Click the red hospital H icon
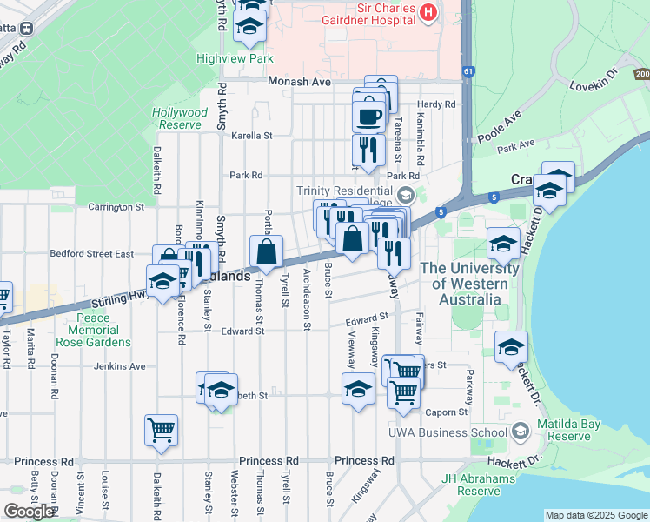pos(428,12)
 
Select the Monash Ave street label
pos(300,82)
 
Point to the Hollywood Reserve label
pos(180,118)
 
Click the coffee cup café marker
pos(368,116)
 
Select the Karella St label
pos(252,136)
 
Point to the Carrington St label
pos(116,207)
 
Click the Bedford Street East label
pos(91,254)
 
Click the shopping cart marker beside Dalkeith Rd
pos(162,430)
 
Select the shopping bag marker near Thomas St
pos(267,252)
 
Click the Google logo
pos(29,512)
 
